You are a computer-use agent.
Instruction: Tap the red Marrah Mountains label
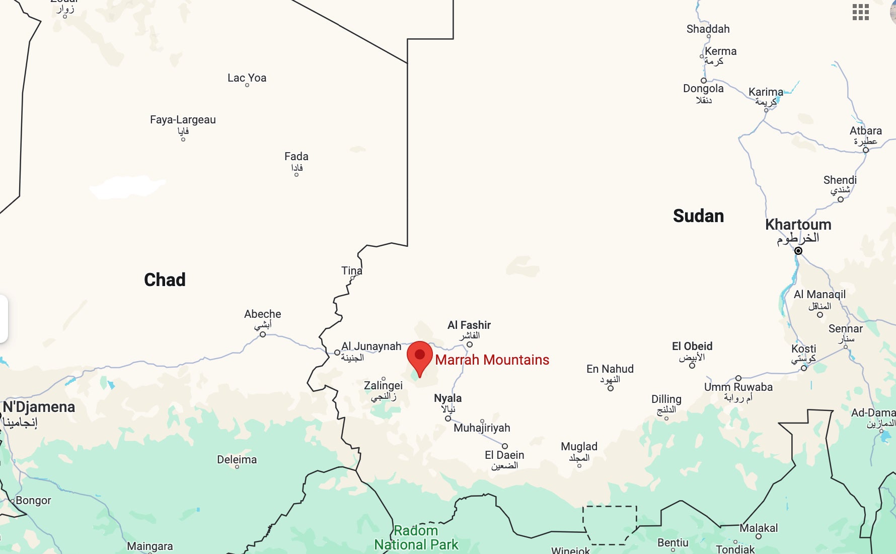tap(492, 360)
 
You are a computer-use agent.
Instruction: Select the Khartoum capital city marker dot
tap(798, 251)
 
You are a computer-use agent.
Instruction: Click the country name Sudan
tap(698, 216)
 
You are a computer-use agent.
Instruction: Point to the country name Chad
tap(165, 280)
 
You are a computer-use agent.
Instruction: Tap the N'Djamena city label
tap(39, 407)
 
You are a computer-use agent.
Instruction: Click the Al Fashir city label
tap(469, 325)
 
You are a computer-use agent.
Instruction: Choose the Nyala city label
tap(447, 398)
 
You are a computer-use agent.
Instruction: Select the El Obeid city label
tap(692, 346)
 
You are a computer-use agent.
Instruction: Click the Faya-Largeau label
tap(183, 120)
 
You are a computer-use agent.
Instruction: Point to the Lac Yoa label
tap(247, 78)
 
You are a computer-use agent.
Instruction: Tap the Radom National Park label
tap(416, 537)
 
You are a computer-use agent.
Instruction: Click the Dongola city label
tap(703, 89)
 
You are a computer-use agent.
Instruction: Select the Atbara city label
tap(865, 131)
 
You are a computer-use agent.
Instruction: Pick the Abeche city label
tap(262, 314)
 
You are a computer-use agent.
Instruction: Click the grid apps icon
tap(860, 12)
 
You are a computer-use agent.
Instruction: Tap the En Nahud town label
tap(610, 369)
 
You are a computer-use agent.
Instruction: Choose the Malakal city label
tap(759, 528)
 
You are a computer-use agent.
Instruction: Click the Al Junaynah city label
tap(371, 347)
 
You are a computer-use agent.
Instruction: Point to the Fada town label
tap(296, 157)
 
